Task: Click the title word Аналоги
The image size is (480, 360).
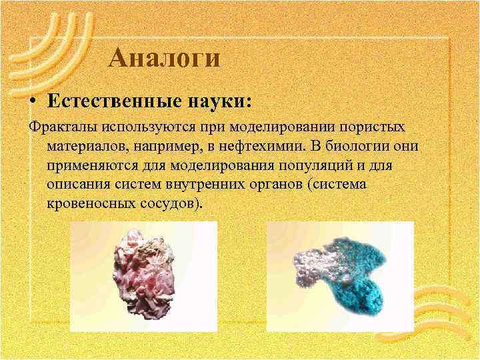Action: coord(164,59)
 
